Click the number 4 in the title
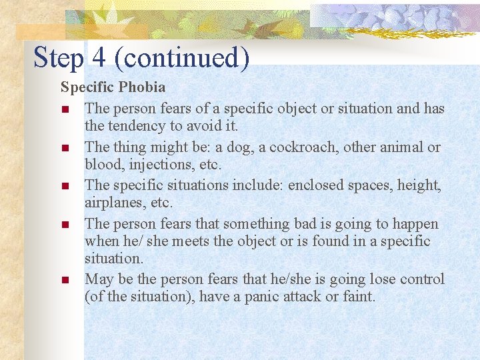tap(99, 57)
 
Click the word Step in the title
tap(58, 57)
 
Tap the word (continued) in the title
tap(181, 57)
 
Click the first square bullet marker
tap(65, 109)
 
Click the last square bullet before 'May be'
tap(65, 280)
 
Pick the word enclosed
tap(317, 185)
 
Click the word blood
tap(101, 165)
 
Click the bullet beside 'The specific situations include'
tap(65, 186)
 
